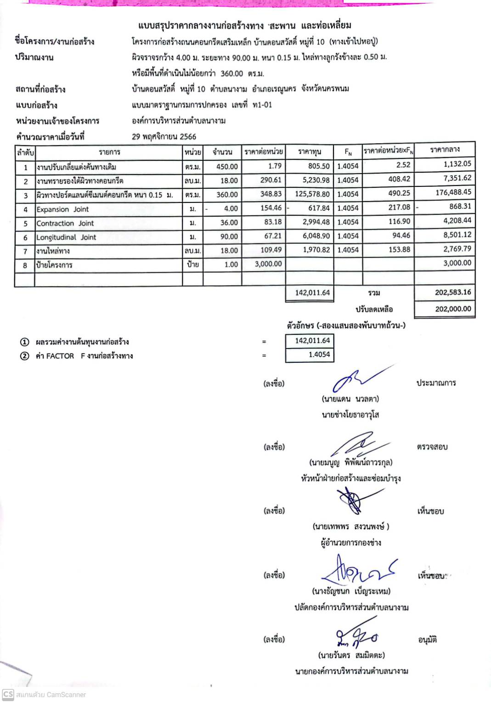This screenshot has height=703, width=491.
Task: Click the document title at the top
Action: tap(244, 25)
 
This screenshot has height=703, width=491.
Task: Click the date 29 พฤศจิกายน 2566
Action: tap(164, 136)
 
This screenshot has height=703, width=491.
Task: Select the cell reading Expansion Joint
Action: tap(62, 209)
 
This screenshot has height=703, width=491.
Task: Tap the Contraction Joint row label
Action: tap(65, 223)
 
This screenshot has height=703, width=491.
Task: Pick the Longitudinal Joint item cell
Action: tap(66, 237)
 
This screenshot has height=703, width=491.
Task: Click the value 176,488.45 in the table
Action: tap(453, 192)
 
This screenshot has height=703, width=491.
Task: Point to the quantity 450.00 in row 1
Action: tap(227, 167)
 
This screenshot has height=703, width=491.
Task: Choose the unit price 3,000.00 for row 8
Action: tap(268, 264)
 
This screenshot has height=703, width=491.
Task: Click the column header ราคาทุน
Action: tap(310, 152)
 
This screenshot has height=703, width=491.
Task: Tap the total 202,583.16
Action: tap(453, 292)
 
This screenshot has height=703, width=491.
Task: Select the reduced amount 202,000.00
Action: tap(453, 309)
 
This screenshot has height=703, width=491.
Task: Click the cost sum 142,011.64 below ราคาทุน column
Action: tap(312, 292)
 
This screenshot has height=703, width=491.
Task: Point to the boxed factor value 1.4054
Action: tap(319, 354)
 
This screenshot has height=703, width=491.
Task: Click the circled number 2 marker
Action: tap(25, 356)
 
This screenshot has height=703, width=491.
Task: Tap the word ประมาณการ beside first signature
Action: tap(436, 383)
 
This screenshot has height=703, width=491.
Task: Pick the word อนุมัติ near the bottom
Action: tap(427, 640)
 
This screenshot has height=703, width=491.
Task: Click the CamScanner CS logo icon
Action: tap(8, 694)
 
